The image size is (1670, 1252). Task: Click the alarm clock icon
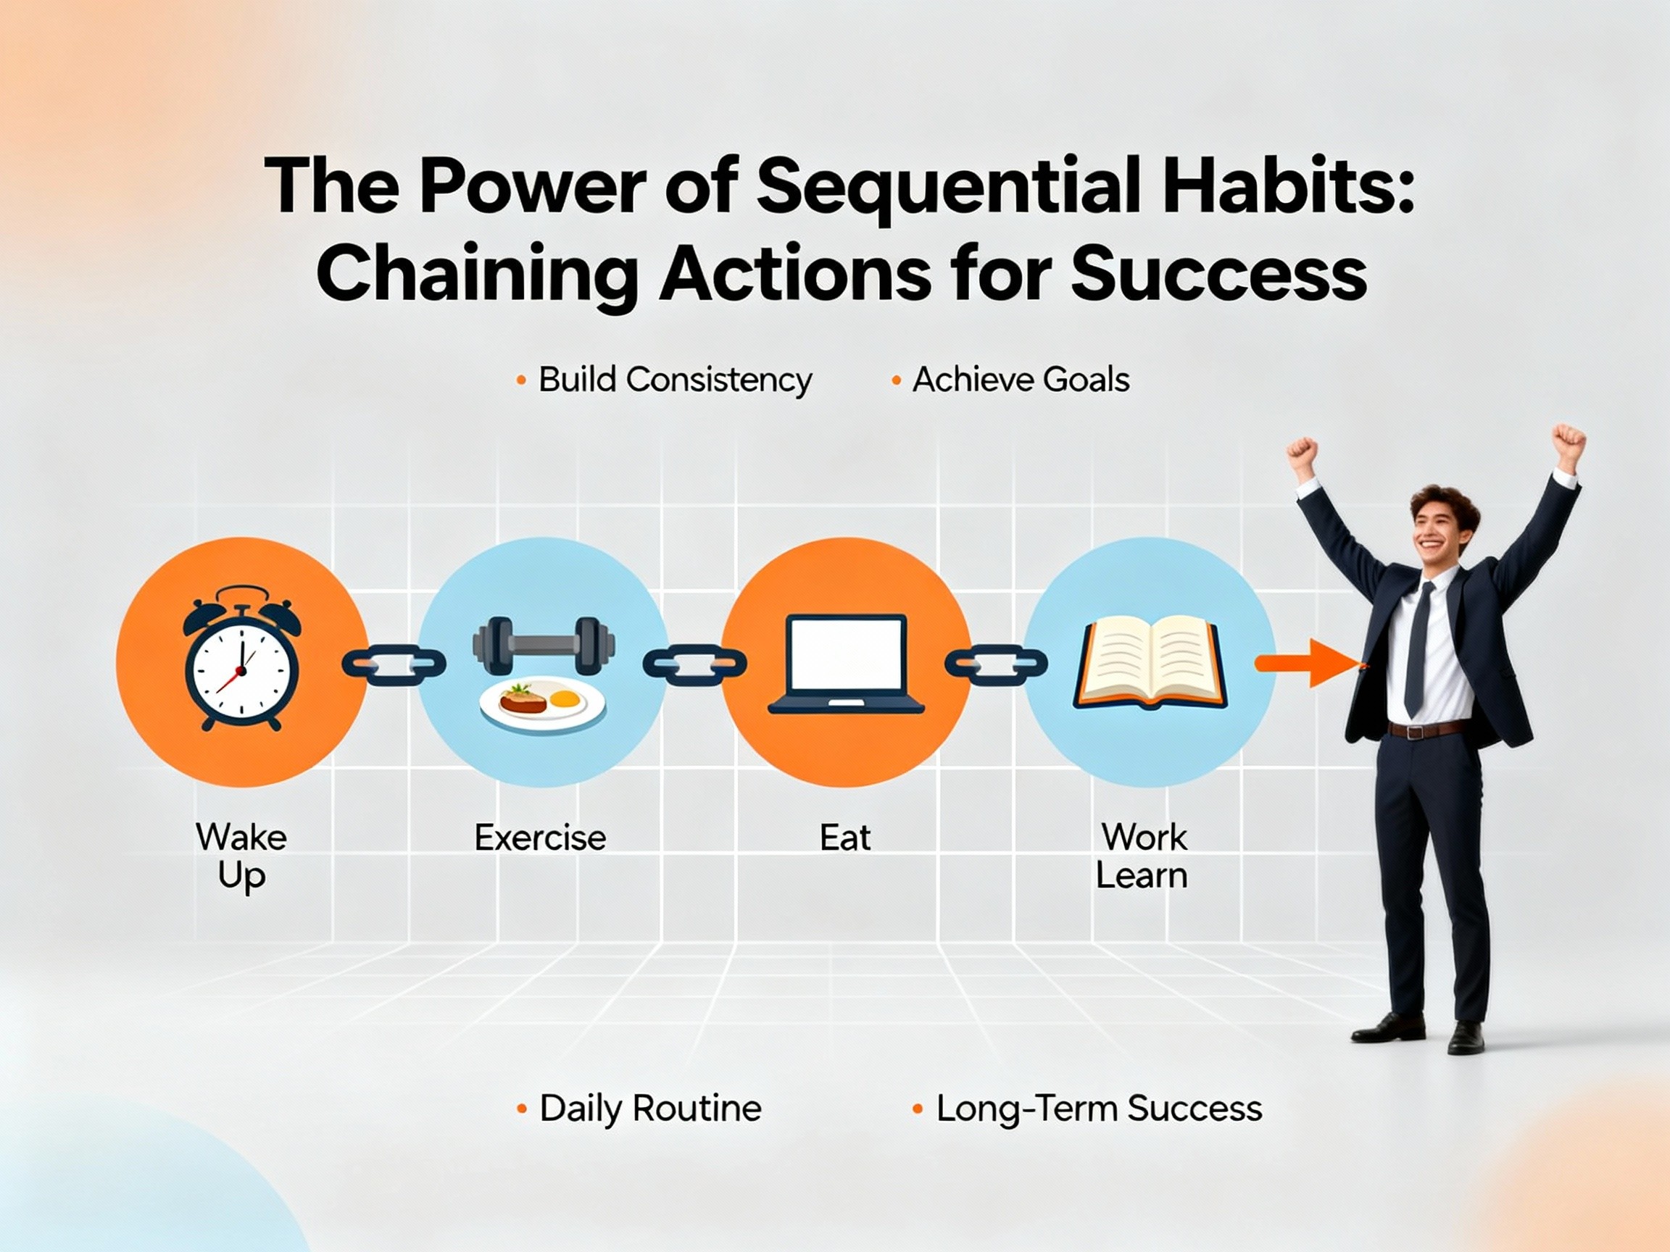(x=241, y=660)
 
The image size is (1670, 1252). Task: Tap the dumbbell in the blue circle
(x=543, y=646)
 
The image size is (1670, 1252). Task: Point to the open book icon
(x=1149, y=664)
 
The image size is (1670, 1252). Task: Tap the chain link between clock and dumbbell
(x=394, y=664)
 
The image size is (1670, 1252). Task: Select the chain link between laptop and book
(x=996, y=664)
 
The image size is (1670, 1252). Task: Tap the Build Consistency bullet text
(x=674, y=380)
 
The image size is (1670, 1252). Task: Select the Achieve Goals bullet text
(x=1021, y=380)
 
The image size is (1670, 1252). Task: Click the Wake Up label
(x=241, y=856)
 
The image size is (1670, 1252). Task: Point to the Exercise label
(x=541, y=838)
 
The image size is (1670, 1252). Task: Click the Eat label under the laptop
(x=845, y=838)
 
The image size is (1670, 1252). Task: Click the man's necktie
(x=1417, y=649)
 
